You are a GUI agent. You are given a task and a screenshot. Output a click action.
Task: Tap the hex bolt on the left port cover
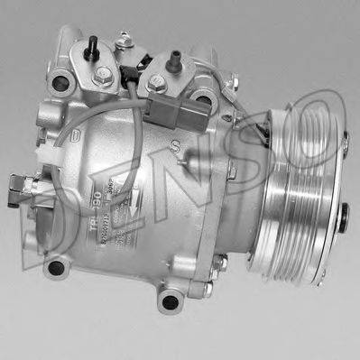(104, 74)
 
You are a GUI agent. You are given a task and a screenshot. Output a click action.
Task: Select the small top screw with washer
(125, 40)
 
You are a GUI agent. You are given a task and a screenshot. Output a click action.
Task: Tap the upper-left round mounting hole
(60, 83)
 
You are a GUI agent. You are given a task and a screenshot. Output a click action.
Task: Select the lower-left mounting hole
(56, 266)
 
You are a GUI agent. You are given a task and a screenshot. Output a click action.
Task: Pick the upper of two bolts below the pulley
(219, 263)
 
